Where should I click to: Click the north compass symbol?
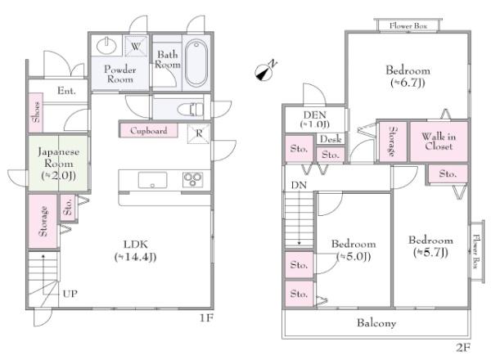pyautogui.click(x=265, y=71)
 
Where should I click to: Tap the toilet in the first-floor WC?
pyautogui.click(x=191, y=110)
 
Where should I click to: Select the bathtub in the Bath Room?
pyautogui.click(x=196, y=63)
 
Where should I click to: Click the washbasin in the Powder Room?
pyautogui.click(x=106, y=46)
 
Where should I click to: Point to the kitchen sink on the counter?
pyautogui.click(x=152, y=180)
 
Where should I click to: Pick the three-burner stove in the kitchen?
pyautogui.click(x=193, y=180)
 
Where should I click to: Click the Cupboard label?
pyautogui.click(x=148, y=131)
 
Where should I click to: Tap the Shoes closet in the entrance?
pyautogui.click(x=36, y=112)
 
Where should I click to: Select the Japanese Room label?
pyautogui.click(x=59, y=157)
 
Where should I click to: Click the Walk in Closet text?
pyautogui.click(x=439, y=142)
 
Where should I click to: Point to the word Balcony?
pyautogui.click(x=376, y=322)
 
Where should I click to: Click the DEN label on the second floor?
pyautogui.click(x=315, y=115)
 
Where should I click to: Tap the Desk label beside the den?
pyautogui.click(x=331, y=139)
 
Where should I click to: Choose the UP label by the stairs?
pyautogui.click(x=70, y=294)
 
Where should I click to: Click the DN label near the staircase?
pyautogui.click(x=299, y=186)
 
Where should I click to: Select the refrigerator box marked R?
pyautogui.click(x=199, y=133)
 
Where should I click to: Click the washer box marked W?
pyautogui.click(x=136, y=47)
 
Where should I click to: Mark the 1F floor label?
pyautogui.click(x=206, y=318)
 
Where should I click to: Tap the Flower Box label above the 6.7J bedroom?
pyautogui.click(x=408, y=25)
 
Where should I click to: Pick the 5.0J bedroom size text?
pyautogui.click(x=354, y=256)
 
